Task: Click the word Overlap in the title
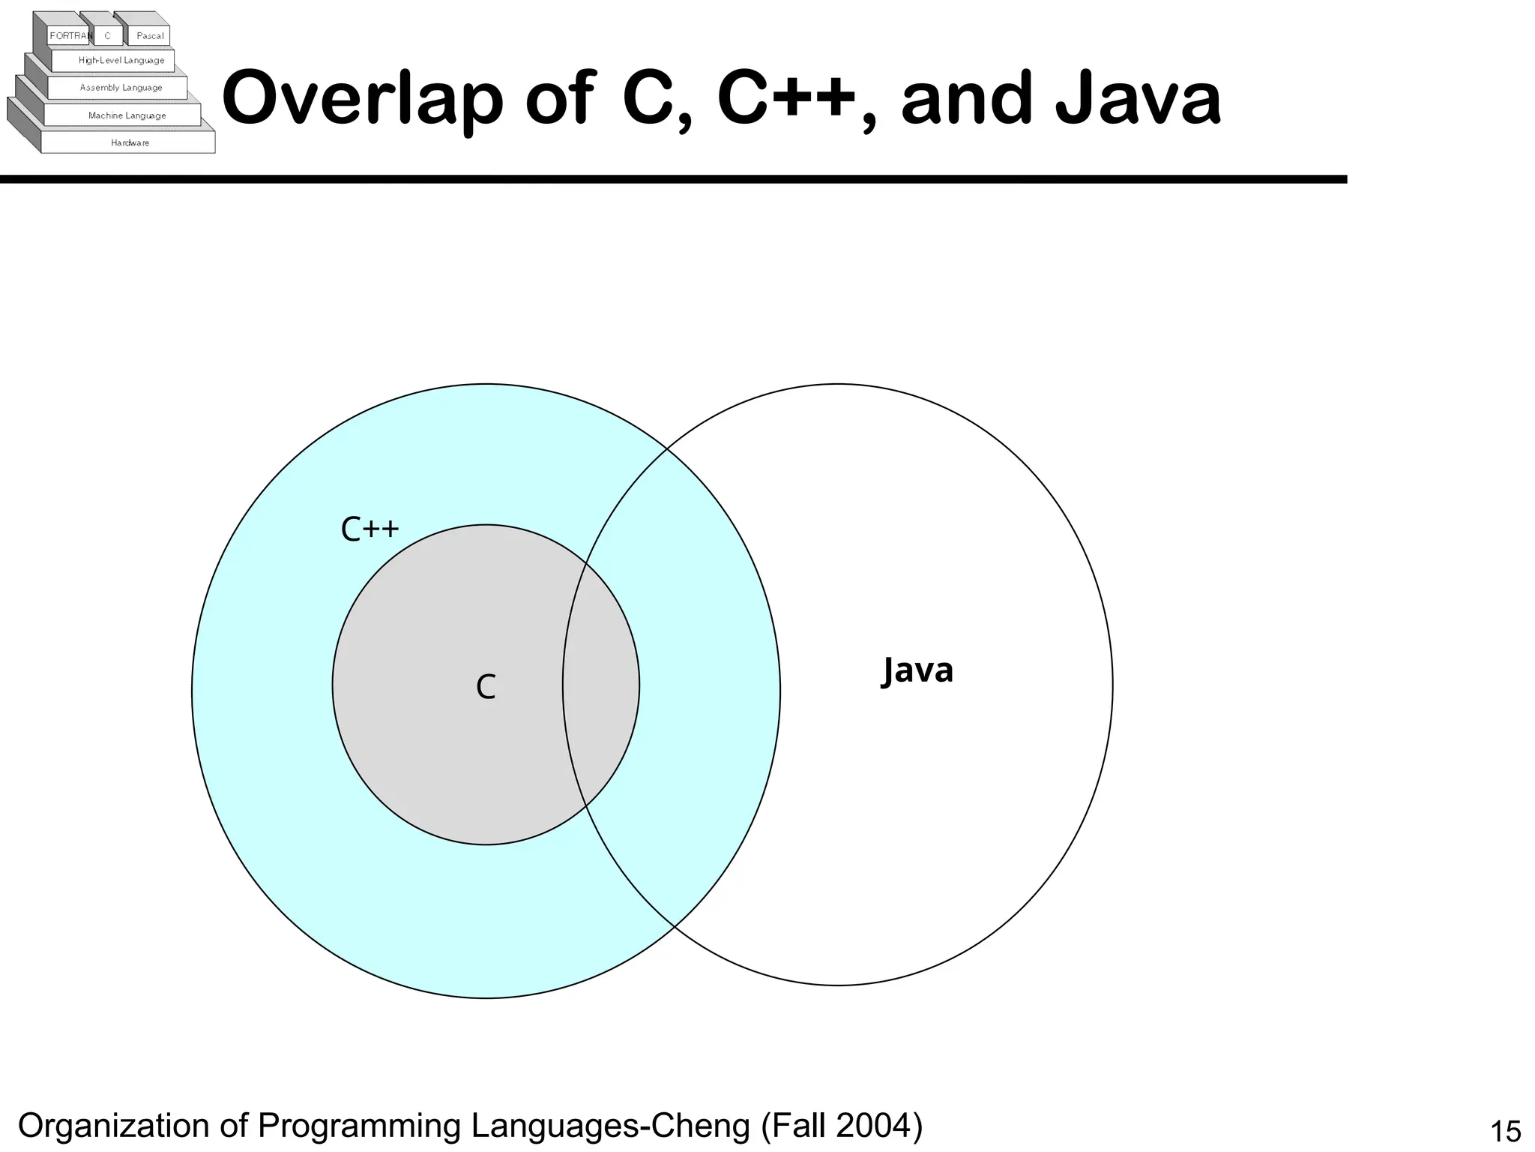coord(362,98)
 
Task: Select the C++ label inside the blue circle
coord(370,529)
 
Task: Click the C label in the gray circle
coord(486,687)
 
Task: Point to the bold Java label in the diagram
coord(917,670)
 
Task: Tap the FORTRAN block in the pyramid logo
coord(70,36)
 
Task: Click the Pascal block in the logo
coord(150,36)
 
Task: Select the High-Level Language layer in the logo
coord(121,61)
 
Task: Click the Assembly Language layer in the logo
coord(121,88)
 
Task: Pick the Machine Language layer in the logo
coord(127,115)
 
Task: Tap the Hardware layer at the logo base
coord(130,142)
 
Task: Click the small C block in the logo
coord(107,36)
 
